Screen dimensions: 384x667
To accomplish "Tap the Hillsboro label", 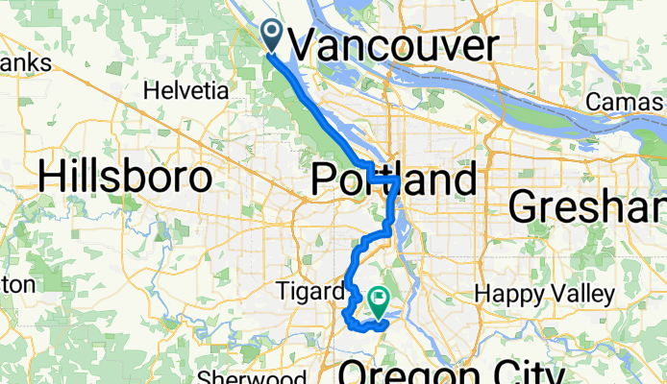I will tap(125, 178).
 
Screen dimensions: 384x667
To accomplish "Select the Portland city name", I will tap(394, 180).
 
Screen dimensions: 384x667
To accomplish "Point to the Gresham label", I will tap(588, 204).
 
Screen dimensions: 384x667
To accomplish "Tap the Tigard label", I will tap(309, 291).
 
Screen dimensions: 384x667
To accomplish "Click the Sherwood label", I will tap(253, 377).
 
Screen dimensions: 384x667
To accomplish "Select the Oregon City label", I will tap(452, 373).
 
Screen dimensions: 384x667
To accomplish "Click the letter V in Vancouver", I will tap(304, 45).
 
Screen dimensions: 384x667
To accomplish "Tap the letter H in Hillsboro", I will tap(52, 178).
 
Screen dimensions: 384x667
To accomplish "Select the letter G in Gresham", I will tap(523, 204).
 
